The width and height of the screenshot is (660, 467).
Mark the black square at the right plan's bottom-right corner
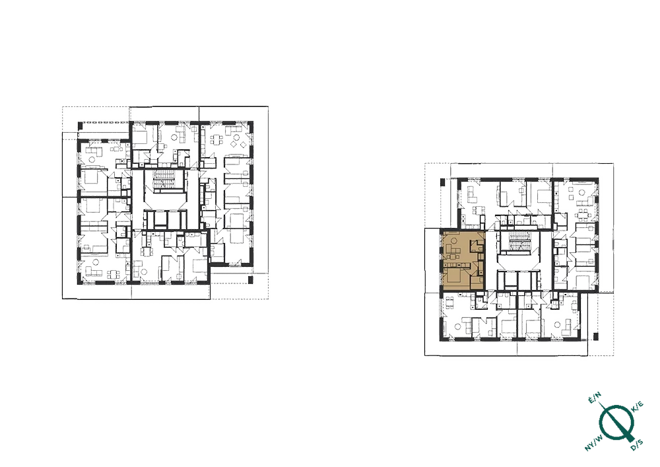(595, 336)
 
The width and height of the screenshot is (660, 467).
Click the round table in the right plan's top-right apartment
(583, 192)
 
